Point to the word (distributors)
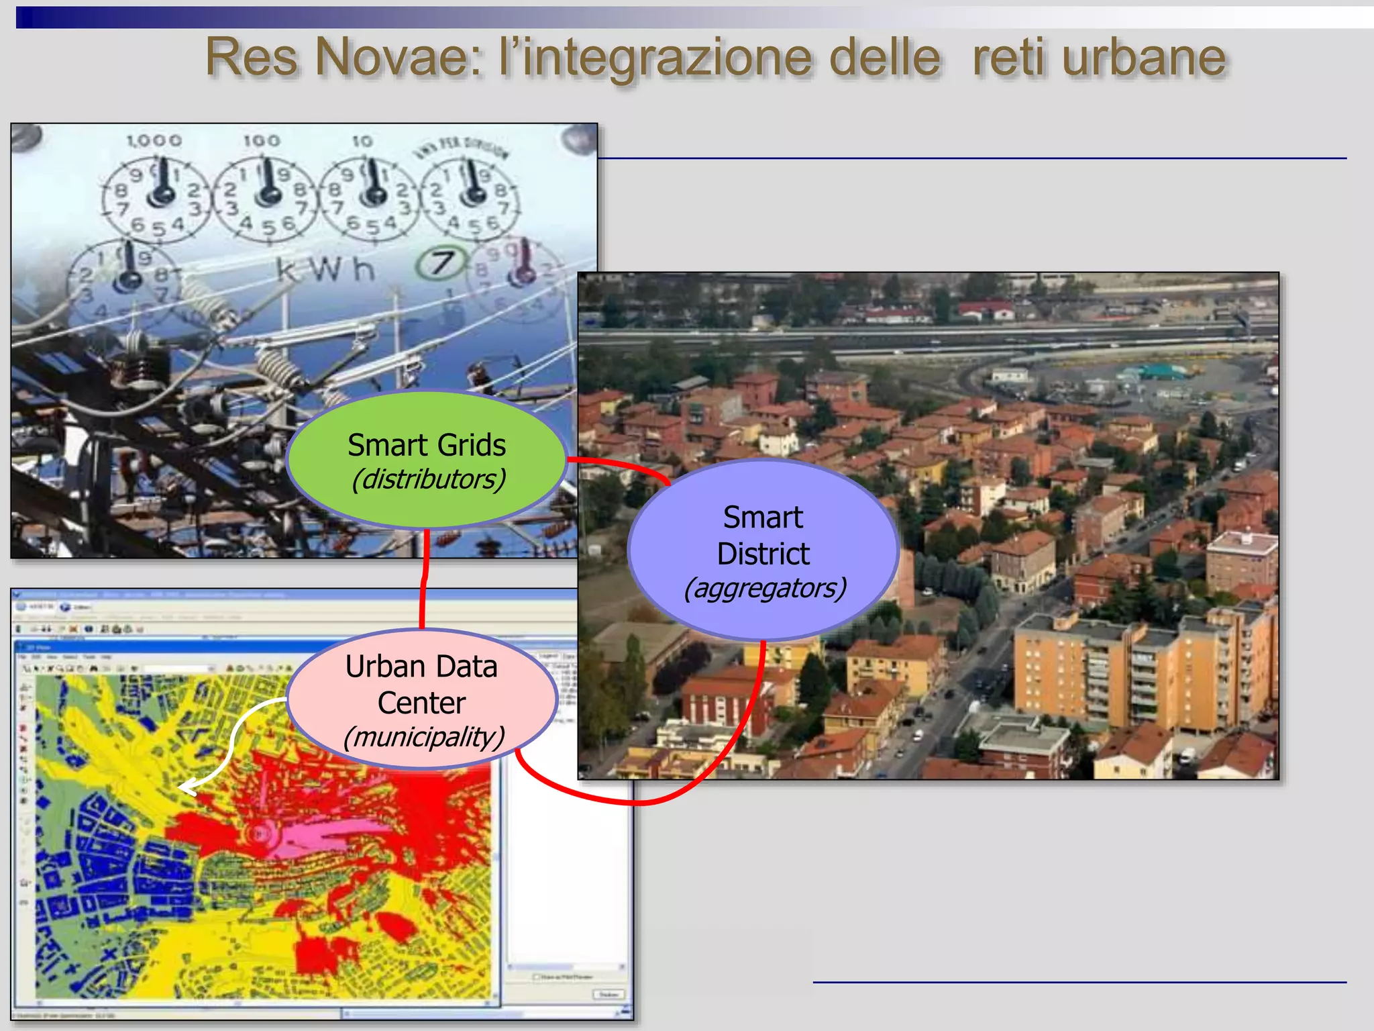point(428,479)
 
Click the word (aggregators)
point(764,588)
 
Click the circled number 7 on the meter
point(440,263)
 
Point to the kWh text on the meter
point(325,270)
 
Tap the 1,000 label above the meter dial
point(154,140)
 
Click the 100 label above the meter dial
point(261,140)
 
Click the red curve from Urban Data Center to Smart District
point(637,800)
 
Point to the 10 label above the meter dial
point(362,141)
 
